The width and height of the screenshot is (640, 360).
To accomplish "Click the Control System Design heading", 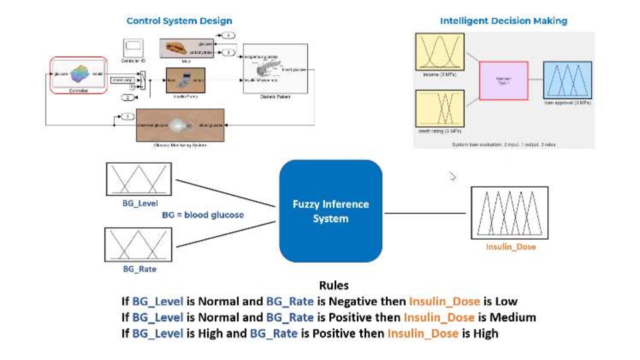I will coord(179,21).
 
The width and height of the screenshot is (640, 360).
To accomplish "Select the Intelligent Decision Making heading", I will coord(503,21).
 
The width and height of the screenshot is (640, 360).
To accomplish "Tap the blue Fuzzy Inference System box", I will coord(331,211).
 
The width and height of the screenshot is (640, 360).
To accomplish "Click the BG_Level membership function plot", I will coord(139,179).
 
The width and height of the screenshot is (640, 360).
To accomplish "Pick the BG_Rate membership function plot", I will coord(138,244).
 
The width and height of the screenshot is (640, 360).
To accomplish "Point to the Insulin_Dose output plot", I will coord(509,212).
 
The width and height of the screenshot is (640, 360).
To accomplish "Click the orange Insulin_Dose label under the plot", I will coord(510,247).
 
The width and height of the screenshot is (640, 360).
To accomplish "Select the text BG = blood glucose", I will coord(203,215).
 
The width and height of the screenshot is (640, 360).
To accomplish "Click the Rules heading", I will coord(334,286).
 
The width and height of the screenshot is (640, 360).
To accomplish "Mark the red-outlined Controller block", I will coord(78,74).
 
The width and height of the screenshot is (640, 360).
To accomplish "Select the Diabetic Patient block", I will coord(275,68).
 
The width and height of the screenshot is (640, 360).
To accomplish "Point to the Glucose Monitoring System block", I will coord(180,125).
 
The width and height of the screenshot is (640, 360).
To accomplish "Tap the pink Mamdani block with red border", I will coord(503,80).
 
